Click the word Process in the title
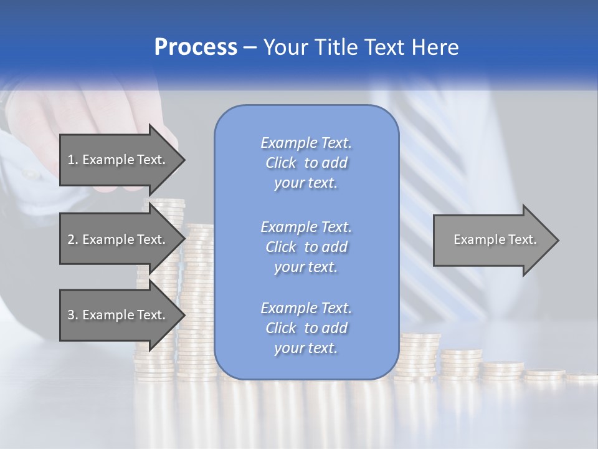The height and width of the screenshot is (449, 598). [196, 47]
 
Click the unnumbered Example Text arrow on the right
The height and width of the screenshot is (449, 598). [495, 239]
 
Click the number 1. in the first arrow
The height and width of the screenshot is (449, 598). [73, 160]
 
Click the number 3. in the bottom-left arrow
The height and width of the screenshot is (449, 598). [73, 315]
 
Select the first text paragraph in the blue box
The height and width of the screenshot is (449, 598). [306, 163]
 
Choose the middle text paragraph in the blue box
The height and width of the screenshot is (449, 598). [306, 247]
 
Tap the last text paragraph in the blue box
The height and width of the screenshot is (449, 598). [306, 328]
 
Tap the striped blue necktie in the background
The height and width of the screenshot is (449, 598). [436, 187]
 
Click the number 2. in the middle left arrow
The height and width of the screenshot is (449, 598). [73, 239]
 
